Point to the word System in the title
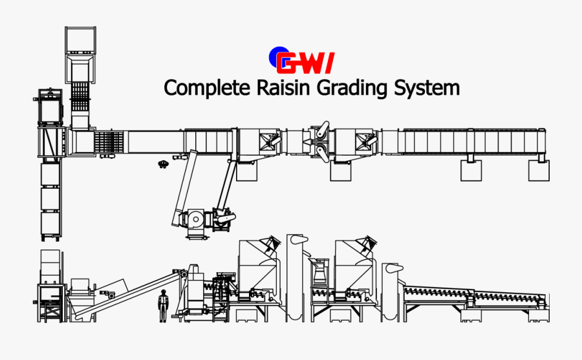tap(427, 88)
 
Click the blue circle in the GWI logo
tap(277, 57)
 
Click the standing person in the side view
tap(163, 306)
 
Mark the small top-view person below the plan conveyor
tap(163, 164)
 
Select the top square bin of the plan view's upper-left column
tap(80, 40)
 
